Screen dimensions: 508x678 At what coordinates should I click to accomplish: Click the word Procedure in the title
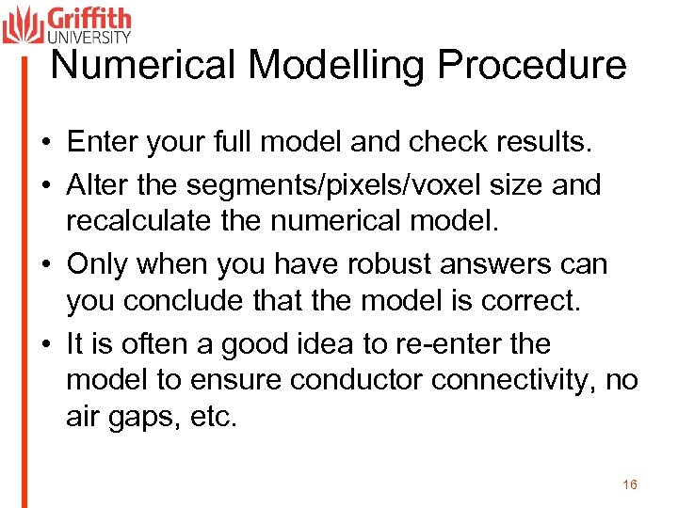pyautogui.click(x=532, y=65)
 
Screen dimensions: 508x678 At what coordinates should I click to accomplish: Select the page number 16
pyautogui.click(x=630, y=484)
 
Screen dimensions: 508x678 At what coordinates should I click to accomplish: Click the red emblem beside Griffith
pyautogui.click(x=23, y=24)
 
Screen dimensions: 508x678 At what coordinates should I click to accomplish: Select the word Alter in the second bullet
pyautogui.click(x=91, y=184)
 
